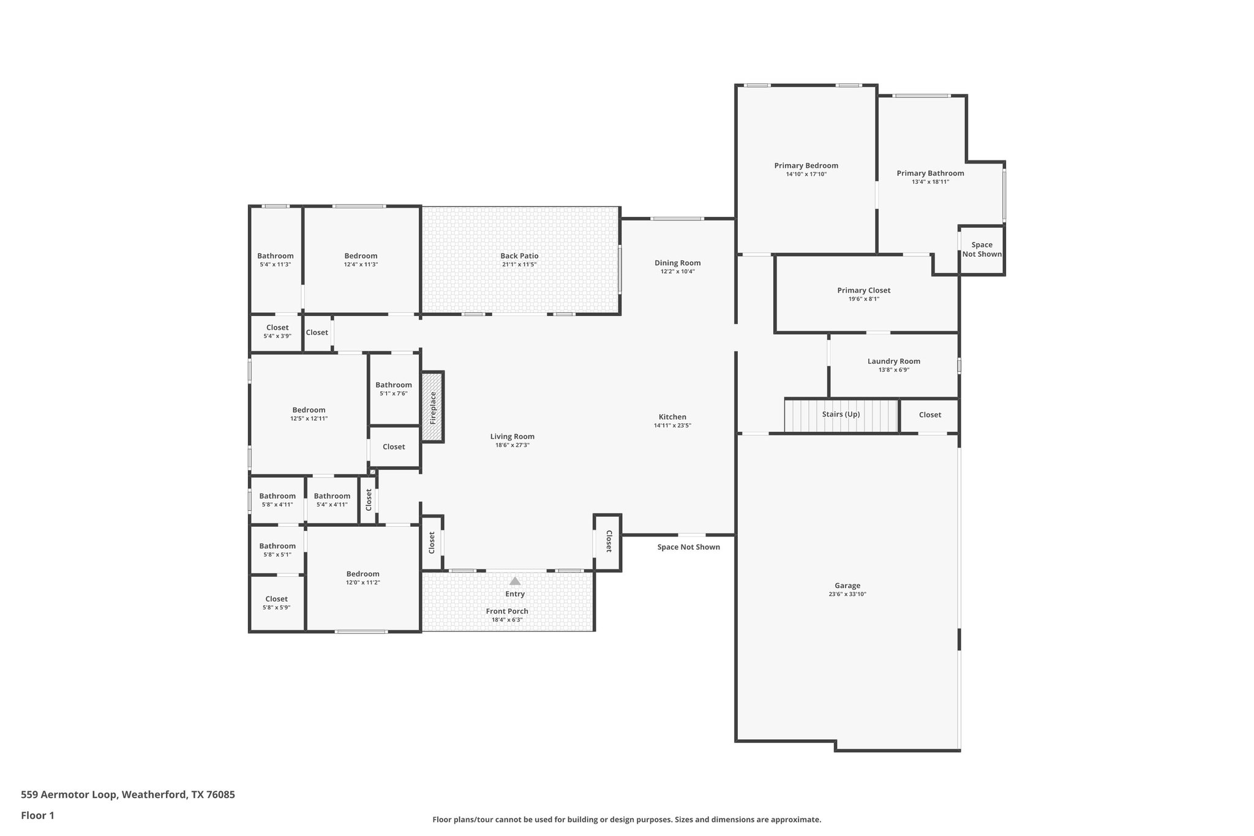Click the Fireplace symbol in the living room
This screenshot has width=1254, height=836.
coord(432,407)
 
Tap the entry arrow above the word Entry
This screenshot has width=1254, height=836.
coord(515,581)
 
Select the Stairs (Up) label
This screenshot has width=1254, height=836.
coord(841,415)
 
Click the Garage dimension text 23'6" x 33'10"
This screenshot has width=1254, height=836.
coord(847,594)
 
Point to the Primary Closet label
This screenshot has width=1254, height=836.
coord(863,290)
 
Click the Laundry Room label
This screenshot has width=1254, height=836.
coord(893,361)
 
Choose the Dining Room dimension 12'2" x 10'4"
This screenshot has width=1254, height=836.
coord(677,271)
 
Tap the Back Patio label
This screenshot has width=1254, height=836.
coord(519,256)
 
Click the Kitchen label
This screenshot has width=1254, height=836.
coord(672,417)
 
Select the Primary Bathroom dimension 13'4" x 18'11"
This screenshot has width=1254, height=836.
coord(930,182)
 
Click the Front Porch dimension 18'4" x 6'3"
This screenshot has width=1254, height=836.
coord(507,620)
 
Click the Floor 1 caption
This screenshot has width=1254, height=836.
coord(37,815)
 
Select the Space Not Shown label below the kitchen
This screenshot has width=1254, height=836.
coord(688,547)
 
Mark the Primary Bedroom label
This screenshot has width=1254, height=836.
coord(806,165)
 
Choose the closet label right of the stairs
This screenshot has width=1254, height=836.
coord(929,415)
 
